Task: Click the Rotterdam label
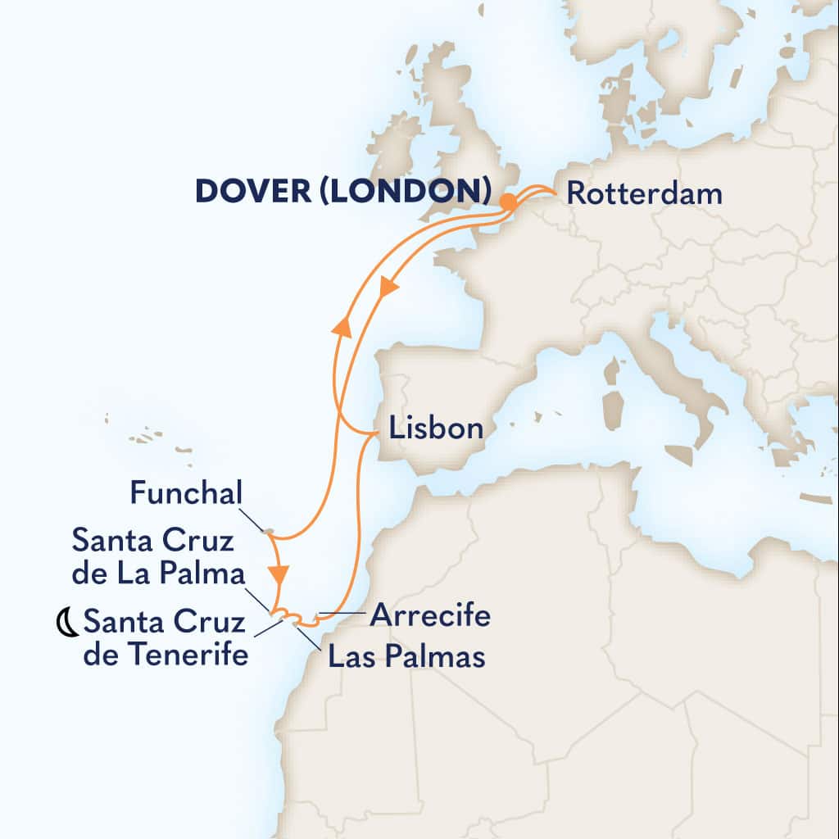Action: (645, 194)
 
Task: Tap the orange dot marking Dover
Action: (508, 201)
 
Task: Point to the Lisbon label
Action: (436, 429)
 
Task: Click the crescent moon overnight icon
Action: (66, 625)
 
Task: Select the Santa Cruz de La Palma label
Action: (158, 556)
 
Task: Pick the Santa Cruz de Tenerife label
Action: (165, 639)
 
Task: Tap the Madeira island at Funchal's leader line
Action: (267, 532)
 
